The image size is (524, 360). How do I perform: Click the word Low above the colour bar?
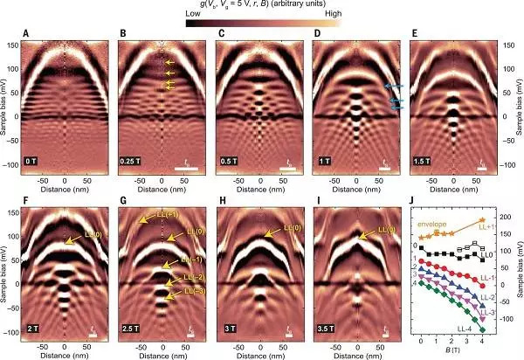[195, 16]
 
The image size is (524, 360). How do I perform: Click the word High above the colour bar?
[332, 16]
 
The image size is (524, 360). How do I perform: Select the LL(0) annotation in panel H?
[287, 230]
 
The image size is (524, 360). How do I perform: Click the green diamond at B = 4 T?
[481, 329]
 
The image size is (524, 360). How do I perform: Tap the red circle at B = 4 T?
[481, 285]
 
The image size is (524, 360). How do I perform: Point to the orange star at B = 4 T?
[481, 221]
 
